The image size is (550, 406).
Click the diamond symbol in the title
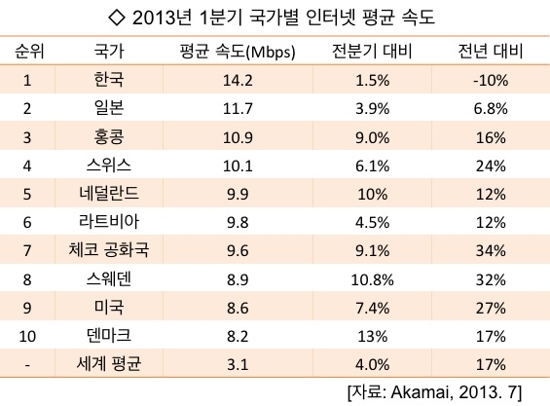(x=117, y=18)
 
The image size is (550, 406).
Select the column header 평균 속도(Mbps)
(x=238, y=52)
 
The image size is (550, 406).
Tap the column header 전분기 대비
(x=372, y=51)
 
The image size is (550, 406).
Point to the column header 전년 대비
(x=491, y=51)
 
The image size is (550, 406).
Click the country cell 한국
(x=109, y=79)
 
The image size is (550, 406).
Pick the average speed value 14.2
(x=238, y=81)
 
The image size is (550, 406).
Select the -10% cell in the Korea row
(x=491, y=81)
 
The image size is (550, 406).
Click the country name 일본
(x=109, y=107)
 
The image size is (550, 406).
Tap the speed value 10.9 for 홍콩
(x=238, y=137)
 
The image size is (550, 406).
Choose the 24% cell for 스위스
(x=491, y=166)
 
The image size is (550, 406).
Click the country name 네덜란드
(x=109, y=194)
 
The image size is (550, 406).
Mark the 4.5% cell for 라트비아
(x=372, y=223)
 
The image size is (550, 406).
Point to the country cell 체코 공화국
(x=109, y=250)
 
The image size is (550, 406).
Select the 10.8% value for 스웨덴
(x=372, y=280)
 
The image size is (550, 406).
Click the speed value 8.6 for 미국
(x=238, y=308)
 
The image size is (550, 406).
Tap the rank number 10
(x=27, y=337)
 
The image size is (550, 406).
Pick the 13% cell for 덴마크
(x=373, y=337)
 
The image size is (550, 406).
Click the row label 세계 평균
(x=109, y=363)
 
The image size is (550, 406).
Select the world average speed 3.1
(x=238, y=365)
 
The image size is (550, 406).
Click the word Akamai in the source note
(x=420, y=392)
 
